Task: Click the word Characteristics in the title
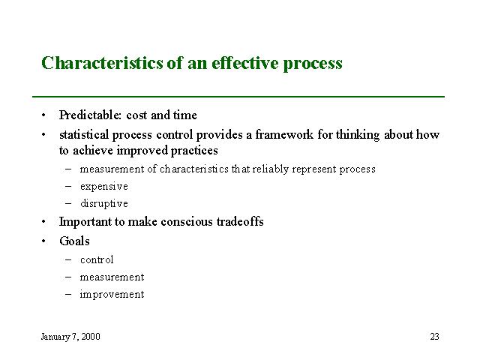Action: coord(102,63)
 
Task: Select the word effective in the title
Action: coord(245,63)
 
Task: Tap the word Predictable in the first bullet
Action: coord(90,115)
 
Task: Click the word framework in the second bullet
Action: coord(284,135)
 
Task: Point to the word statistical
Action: coord(84,135)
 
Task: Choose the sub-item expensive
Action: coord(104,187)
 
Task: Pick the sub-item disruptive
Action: coord(104,203)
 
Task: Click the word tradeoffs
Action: coord(240,221)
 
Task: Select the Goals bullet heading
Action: coord(74,241)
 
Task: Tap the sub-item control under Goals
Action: coord(97,260)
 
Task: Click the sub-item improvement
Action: coord(112,294)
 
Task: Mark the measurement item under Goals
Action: coord(112,277)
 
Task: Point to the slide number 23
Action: coord(434,337)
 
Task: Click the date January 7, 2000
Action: coord(70,337)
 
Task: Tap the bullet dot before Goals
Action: coord(43,241)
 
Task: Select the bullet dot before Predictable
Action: coord(43,115)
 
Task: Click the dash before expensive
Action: coord(68,187)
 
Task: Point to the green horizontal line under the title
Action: coord(238,97)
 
